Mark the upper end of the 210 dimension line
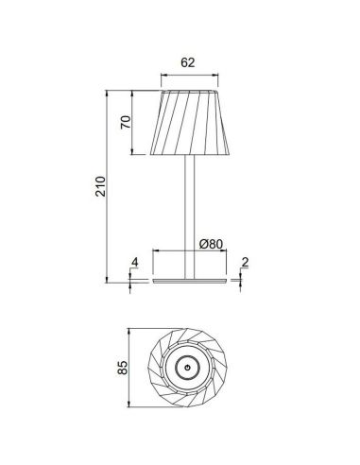pos(111,92)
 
